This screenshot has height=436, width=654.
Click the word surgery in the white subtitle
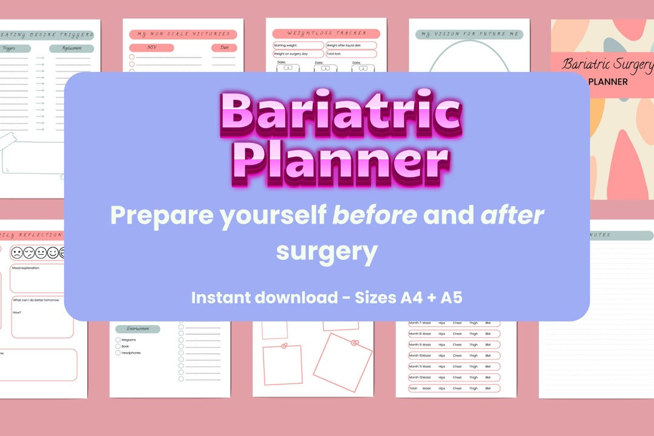click(326, 251)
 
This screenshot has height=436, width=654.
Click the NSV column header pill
click(151, 48)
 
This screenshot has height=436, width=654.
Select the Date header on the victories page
click(224, 48)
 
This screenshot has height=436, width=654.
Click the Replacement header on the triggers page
click(71, 48)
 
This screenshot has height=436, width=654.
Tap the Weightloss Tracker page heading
click(326, 34)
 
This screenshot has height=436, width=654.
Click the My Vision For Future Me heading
click(469, 34)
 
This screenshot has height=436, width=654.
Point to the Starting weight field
click(298, 45)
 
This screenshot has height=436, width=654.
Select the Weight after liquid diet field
click(351, 45)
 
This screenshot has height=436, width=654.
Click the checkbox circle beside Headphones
click(118, 353)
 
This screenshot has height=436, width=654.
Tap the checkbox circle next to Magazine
click(118, 340)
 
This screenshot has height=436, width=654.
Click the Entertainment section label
click(137, 329)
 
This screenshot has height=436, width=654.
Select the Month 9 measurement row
click(454, 345)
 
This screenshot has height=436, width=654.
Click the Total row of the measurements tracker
click(454, 388)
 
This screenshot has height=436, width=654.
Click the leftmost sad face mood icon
click(16, 253)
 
